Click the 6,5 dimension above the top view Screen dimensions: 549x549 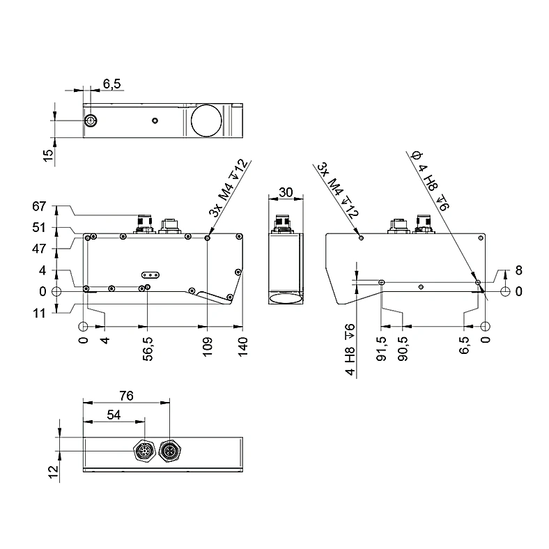click(111, 84)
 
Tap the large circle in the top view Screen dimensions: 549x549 click(206, 121)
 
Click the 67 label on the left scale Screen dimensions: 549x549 click(39, 206)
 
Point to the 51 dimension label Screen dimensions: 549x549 click(39, 228)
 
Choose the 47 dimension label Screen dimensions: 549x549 click(39, 249)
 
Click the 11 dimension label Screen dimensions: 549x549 click(39, 313)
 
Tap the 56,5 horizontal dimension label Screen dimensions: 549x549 click(148, 349)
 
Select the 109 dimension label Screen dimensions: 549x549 click(208, 347)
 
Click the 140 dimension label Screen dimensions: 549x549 click(242, 347)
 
